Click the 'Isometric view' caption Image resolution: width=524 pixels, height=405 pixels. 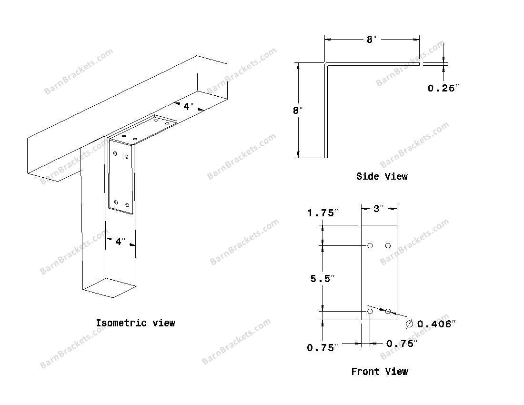(135, 323)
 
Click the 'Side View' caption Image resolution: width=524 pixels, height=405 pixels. (382, 176)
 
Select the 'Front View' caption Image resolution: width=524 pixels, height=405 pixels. (379, 372)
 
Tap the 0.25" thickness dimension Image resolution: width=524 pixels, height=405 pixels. (443, 88)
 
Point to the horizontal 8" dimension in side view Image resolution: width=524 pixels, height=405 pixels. (372, 40)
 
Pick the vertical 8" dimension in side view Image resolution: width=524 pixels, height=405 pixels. (298, 111)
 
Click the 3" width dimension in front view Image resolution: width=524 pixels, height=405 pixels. (379, 209)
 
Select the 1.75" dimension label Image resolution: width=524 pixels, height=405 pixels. (322, 213)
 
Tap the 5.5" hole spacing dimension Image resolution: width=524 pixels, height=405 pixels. (322, 279)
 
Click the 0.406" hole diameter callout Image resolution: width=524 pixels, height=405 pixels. (436, 324)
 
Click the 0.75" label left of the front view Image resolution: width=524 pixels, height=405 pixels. (322, 348)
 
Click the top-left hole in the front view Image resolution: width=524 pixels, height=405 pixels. (370, 246)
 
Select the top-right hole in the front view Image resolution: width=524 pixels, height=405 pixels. (388, 246)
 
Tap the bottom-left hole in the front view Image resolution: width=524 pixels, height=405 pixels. (370, 311)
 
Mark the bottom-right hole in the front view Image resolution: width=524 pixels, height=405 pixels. (388, 311)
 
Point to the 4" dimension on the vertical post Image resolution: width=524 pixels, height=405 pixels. (120, 242)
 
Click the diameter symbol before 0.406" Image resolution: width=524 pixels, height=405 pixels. (409, 324)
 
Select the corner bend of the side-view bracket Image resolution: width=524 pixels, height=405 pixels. (326, 64)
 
